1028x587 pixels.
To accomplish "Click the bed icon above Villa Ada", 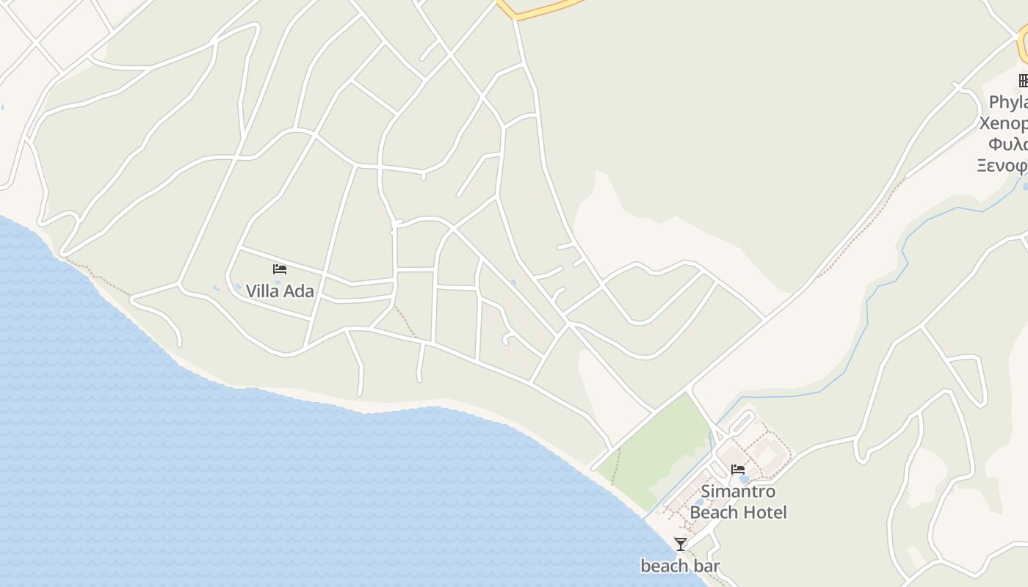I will click(279, 269).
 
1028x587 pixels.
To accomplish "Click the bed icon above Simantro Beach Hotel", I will click(738, 470).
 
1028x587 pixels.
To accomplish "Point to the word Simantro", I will click(738, 492).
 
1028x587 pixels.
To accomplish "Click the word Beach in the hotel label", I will click(715, 512).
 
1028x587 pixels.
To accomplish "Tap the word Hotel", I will click(765, 512).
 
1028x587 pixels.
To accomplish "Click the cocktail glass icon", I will click(681, 544).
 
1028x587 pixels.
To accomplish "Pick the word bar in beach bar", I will click(707, 566).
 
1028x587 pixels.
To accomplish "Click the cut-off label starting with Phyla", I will click(1008, 102).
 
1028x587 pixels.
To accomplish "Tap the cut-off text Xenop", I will click(1004, 123).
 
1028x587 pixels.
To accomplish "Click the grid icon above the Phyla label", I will click(1024, 81).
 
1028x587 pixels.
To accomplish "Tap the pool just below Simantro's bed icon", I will click(744, 479).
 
